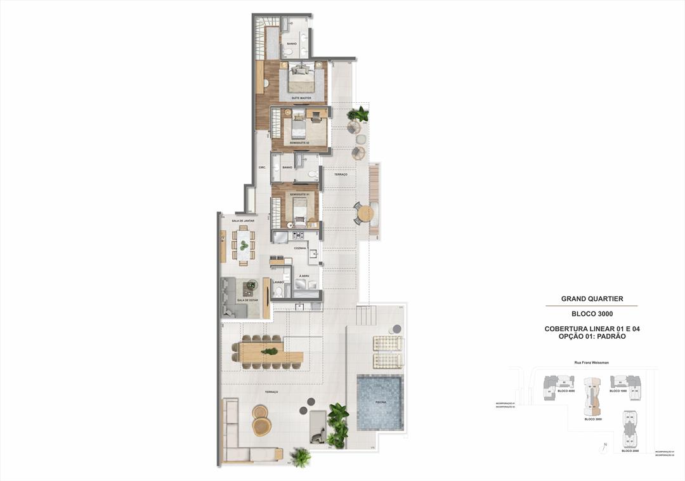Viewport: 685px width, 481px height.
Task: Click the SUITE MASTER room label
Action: click(301, 98)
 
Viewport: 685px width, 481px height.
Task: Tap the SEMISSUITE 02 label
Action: click(299, 143)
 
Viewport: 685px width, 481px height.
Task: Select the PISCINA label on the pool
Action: click(379, 402)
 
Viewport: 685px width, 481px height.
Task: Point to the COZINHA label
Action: click(300, 248)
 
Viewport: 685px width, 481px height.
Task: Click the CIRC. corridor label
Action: click(261, 168)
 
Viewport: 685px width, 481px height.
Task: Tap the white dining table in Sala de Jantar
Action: click(244, 245)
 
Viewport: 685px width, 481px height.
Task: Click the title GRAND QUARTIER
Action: click(592, 298)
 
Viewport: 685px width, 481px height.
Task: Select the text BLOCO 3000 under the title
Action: click(592, 313)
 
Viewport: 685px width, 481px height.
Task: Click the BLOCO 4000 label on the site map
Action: click(566, 391)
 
